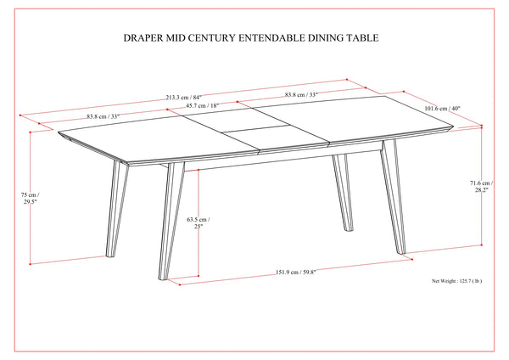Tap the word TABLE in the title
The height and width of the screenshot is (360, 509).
361,38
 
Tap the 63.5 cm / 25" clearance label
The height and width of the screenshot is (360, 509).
196,223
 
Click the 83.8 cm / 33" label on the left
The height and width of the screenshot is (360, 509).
82,116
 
